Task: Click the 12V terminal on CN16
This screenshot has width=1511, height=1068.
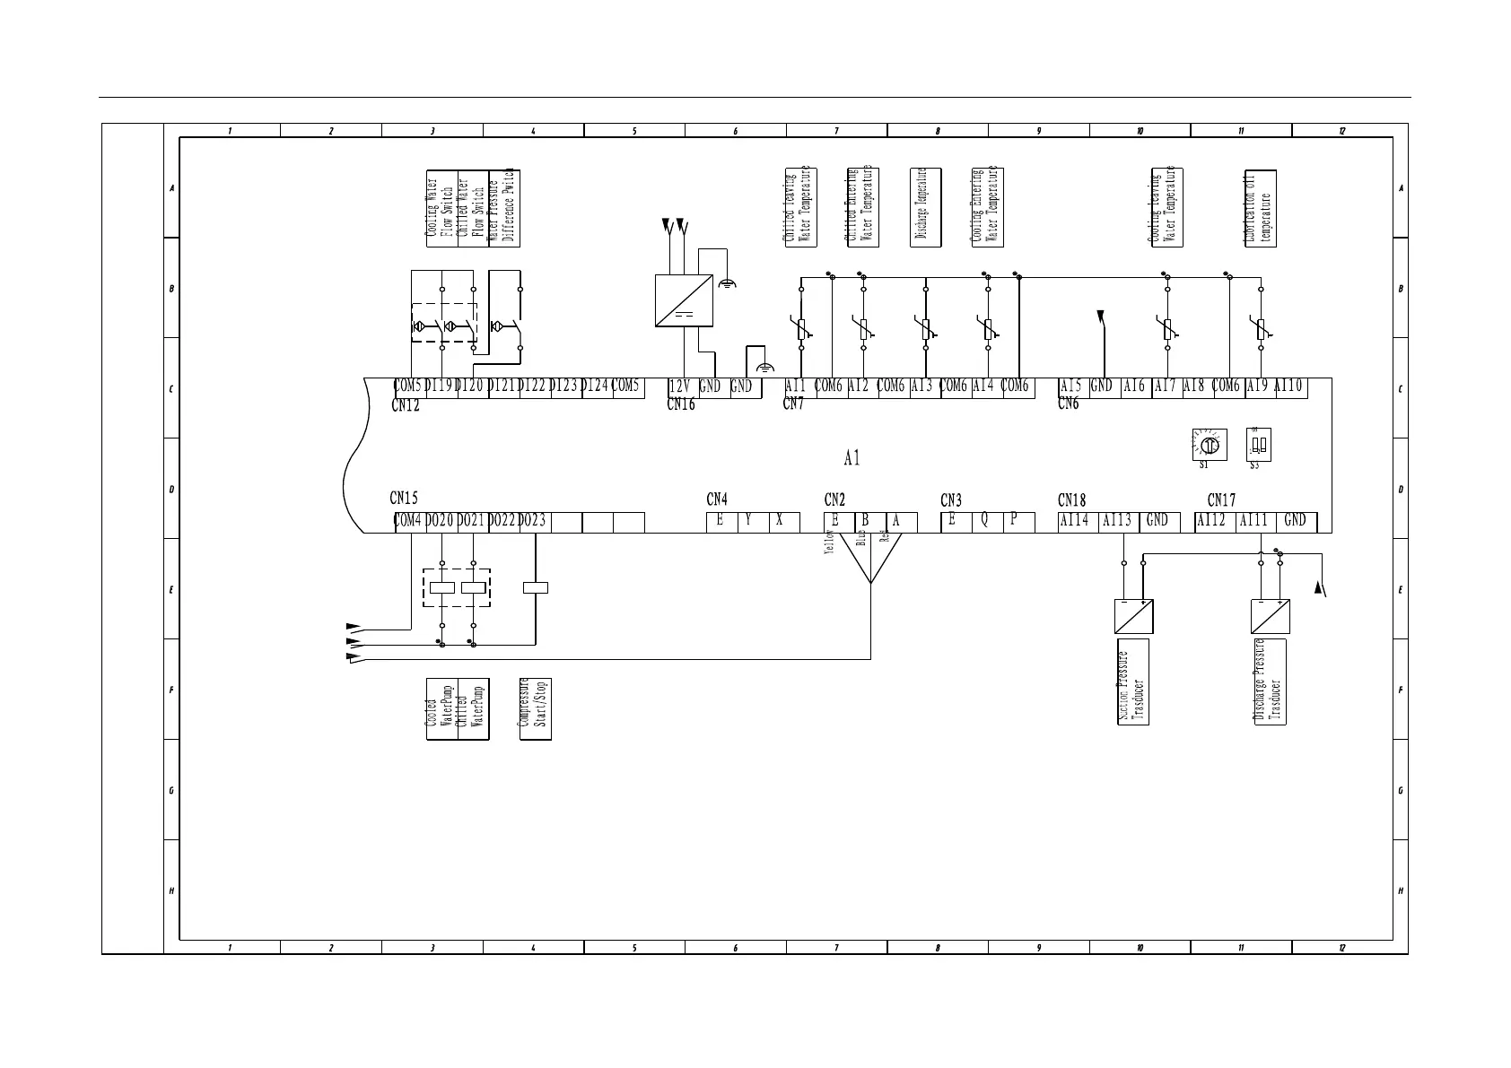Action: click(681, 387)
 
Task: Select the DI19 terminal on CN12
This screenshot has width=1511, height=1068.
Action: click(441, 386)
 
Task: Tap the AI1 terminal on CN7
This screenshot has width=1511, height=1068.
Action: click(796, 386)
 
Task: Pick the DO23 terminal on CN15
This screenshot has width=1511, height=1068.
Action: click(533, 521)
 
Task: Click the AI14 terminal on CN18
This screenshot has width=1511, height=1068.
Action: click(1075, 521)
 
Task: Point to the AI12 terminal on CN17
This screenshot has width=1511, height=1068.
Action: click(1213, 521)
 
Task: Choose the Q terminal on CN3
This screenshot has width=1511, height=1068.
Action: click(985, 521)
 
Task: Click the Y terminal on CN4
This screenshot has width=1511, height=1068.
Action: click(748, 521)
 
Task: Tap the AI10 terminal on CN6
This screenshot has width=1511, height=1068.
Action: click(1288, 386)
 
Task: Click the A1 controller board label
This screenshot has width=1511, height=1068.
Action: click(852, 459)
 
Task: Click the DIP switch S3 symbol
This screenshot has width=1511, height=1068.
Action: click(1258, 444)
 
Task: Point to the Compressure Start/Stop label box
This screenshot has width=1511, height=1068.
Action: click(536, 708)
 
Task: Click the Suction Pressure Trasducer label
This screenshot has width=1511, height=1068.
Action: click(1132, 682)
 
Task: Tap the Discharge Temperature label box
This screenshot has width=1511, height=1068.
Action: click(925, 208)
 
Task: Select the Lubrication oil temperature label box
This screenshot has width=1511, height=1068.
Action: click(1260, 208)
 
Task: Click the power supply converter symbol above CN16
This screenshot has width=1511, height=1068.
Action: click(685, 300)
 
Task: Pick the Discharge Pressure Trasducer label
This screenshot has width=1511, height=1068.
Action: click(1270, 682)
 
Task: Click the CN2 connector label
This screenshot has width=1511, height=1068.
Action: click(834, 500)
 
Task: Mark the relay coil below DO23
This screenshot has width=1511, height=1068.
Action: click(536, 588)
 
